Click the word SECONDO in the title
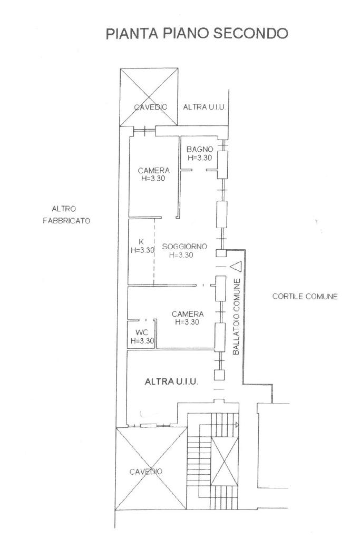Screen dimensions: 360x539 250,33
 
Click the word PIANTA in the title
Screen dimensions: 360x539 132,34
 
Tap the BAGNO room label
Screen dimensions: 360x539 200,149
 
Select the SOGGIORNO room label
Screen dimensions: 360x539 184,247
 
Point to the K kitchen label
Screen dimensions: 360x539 141,241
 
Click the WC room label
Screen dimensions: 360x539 142,332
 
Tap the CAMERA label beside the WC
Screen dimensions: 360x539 188,314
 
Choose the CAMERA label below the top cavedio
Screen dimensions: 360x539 154,170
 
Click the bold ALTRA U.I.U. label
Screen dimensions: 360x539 171,381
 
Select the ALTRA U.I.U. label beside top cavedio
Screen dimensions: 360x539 204,107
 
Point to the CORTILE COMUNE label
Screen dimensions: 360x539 305,296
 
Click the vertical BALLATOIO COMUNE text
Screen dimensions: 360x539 236,317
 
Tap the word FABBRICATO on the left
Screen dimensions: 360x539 66,221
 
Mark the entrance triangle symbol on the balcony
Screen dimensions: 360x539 236,267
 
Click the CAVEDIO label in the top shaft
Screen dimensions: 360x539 151,107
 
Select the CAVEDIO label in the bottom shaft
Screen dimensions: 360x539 145,472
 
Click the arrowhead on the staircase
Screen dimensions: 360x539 237,425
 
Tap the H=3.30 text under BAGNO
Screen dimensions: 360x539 200,158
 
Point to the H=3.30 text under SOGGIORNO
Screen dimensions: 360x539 181,255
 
